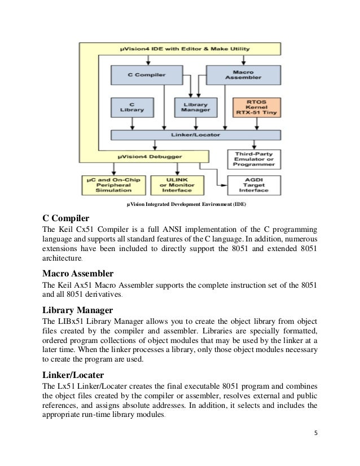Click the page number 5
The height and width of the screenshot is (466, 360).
tap(314, 434)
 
